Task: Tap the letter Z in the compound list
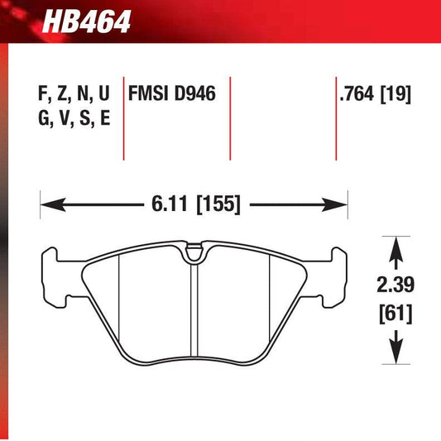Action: [64, 93]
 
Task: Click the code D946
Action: [193, 93]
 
